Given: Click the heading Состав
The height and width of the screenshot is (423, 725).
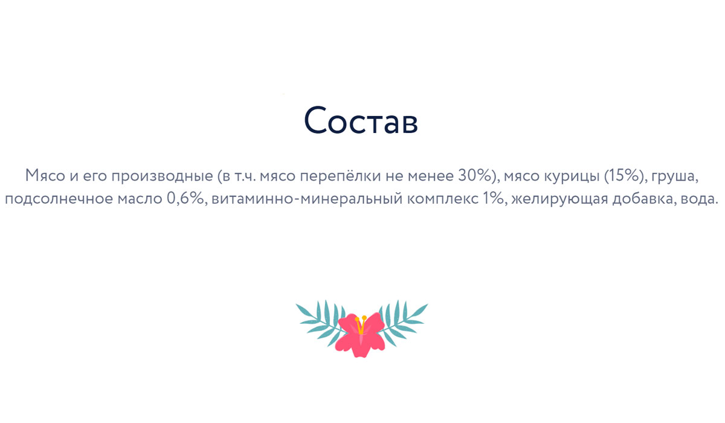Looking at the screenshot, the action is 361,120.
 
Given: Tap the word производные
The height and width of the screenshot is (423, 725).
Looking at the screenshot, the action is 162,176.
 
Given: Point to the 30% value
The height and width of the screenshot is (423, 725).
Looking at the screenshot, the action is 475,176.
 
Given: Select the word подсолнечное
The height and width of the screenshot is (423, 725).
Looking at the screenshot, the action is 59,199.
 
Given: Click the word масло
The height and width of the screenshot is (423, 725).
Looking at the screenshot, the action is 140,199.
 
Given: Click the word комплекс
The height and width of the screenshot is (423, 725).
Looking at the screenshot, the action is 442,199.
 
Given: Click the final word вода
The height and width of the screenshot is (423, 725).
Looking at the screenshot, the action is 700,199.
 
